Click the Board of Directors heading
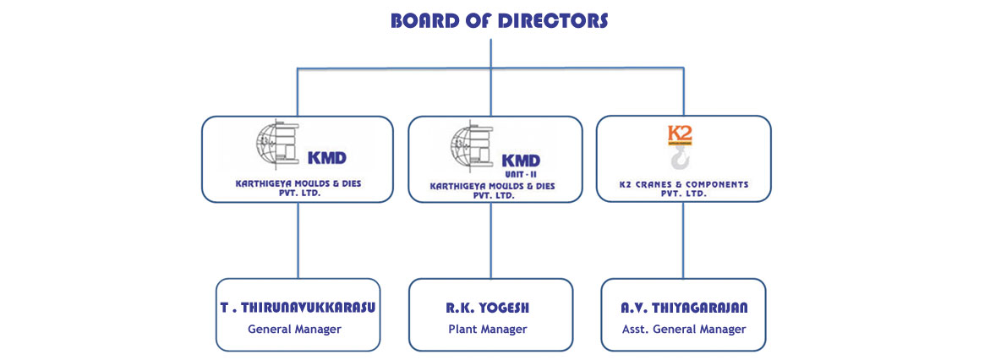pos(499,21)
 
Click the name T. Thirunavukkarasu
pos(298,308)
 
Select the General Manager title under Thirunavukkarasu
pos(294,329)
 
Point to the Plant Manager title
pos(488,329)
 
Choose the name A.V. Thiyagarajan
pos(684,308)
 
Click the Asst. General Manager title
pos(684,329)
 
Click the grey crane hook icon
pos(681,159)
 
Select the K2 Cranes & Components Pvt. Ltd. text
pos(684,188)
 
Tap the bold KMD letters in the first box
pos(326,157)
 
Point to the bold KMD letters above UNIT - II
pos(521,161)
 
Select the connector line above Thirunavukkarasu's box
pos(298,240)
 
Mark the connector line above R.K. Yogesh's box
pos(491,241)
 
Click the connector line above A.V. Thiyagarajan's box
pos(683,240)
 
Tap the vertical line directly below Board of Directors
pos(491,53)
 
